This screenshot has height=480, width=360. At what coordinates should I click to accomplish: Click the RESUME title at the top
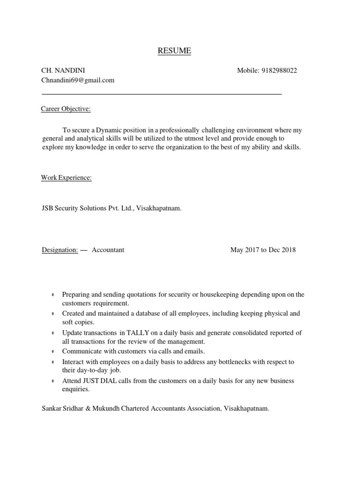tap(174, 51)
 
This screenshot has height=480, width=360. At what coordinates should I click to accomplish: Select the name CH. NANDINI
tap(63, 70)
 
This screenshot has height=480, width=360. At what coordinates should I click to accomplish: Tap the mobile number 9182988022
tap(279, 70)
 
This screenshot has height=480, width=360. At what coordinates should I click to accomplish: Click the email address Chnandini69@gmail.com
tap(78, 80)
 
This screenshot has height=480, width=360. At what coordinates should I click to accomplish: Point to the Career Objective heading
tap(66, 109)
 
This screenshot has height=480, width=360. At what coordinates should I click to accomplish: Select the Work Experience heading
tap(67, 178)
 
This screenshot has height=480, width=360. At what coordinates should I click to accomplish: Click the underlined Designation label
tap(60, 250)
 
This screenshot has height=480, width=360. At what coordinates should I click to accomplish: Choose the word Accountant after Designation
tap(108, 250)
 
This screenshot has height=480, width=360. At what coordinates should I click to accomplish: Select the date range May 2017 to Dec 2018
tap(263, 250)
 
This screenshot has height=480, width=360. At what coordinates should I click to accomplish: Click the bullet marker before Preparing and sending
tap(52, 295)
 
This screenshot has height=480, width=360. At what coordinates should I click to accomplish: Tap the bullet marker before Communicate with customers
tap(52, 352)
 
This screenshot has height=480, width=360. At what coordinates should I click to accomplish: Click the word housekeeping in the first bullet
tap(219, 295)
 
